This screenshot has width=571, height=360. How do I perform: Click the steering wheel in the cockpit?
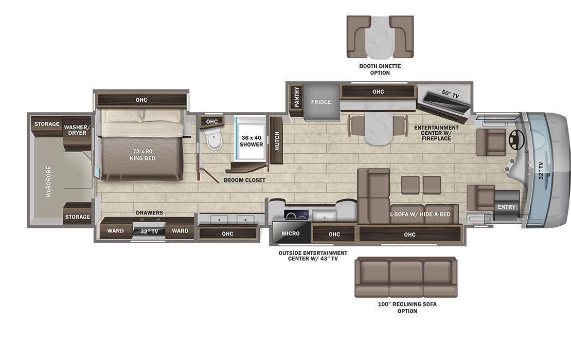coord(516,139)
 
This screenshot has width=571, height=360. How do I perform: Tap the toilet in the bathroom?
coord(213,138)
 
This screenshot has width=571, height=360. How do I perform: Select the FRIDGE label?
coord(321,102)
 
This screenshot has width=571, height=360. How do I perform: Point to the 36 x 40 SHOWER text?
coord(251,141)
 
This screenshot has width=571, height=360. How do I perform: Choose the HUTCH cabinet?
coord(277,140)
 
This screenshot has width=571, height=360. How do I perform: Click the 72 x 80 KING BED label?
coord(142,155)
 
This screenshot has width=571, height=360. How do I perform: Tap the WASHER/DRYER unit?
coord(78,130)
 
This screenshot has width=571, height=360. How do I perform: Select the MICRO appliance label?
coord(290,233)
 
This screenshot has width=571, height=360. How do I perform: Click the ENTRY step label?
coord(506,207)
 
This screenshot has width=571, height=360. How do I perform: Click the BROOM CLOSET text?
coord(244,181)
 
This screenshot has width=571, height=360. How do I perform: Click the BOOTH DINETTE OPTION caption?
coord(380,69)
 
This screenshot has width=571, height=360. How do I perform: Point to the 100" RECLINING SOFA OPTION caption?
coord(406,308)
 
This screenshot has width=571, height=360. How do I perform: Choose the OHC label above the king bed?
coord(141,100)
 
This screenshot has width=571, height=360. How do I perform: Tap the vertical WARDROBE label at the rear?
coord(49,181)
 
